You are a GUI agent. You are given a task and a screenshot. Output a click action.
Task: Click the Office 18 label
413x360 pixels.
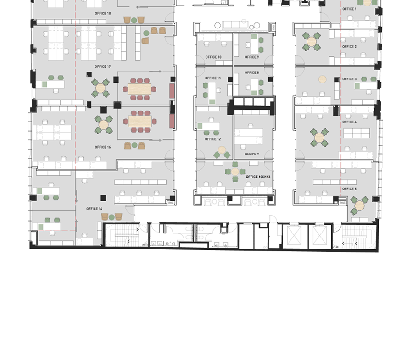click(103, 13)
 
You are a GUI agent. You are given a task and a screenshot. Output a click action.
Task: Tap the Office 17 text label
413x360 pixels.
click(103, 66)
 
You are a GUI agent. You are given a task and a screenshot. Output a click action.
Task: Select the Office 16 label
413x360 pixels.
click(103, 147)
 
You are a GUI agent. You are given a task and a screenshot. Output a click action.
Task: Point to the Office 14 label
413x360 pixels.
click(94, 209)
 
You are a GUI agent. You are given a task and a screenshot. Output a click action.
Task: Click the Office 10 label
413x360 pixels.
click(213, 57)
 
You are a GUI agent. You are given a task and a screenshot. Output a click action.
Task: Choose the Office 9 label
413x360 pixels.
click(252, 57)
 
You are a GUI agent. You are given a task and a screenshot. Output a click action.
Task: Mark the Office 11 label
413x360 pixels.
click(213, 78)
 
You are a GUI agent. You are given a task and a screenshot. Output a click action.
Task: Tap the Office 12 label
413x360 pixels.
click(213, 139)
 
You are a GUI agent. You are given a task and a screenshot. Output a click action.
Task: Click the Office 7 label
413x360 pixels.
click(252, 154)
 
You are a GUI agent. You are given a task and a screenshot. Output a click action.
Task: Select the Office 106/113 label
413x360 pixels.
click(258, 177)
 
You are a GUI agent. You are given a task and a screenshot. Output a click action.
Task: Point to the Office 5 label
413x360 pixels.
click(349, 189)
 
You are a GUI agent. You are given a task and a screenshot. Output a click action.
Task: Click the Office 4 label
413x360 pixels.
click(349, 122)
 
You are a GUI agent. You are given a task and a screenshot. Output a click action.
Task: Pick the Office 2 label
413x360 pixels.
click(349, 47)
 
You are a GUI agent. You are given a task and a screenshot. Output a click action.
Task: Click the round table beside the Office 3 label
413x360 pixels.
click(323, 79)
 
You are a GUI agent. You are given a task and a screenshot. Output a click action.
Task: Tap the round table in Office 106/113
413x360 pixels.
click(235, 172)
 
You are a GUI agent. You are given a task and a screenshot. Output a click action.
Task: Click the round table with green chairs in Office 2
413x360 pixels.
click(311, 41)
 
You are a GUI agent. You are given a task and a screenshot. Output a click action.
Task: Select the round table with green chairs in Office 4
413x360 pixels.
click(319, 138)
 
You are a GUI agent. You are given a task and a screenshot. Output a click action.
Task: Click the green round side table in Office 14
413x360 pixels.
click(112, 217)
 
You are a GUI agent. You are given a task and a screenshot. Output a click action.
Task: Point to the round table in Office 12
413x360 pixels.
click(222, 150)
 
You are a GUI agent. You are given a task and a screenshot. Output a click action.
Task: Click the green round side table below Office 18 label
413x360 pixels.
click(134, 20)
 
